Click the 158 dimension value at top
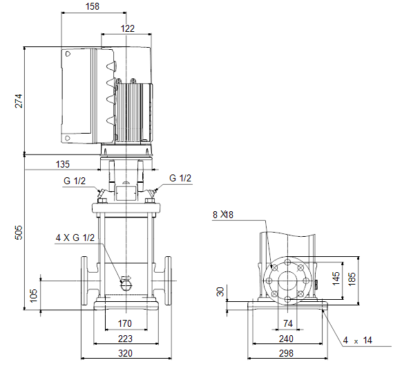(x=93, y=6)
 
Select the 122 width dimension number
(x=127, y=28)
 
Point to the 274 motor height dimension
(x=19, y=101)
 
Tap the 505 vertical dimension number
(x=19, y=233)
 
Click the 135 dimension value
(x=63, y=164)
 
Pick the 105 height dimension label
(x=33, y=296)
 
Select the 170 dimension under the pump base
(x=124, y=323)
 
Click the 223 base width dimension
(x=125, y=339)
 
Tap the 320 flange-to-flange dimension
(x=125, y=353)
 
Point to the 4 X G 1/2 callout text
(x=75, y=238)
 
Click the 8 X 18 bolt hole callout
(x=223, y=215)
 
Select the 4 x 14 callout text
(x=357, y=341)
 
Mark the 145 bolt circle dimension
(x=336, y=278)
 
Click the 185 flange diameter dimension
(x=352, y=279)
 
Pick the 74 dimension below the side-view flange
(x=288, y=323)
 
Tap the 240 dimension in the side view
(x=286, y=339)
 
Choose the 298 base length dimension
(x=286, y=353)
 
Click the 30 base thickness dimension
(x=220, y=292)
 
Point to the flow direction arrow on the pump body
(x=126, y=278)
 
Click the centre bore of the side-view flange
(x=287, y=280)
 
